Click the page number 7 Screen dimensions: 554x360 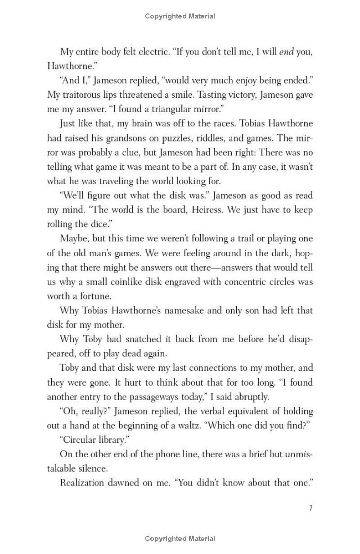pos(310,509)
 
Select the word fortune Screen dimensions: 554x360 pos(95,296)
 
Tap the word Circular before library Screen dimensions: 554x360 pos(78,440)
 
